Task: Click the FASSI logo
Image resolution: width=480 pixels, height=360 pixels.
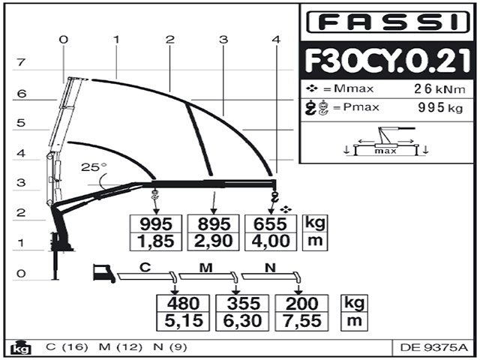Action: (388, 22)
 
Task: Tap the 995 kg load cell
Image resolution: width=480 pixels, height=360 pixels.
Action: (156, 223)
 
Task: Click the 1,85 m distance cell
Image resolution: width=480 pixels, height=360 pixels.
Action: (156, 241)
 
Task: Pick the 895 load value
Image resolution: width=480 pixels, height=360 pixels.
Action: (214, 223)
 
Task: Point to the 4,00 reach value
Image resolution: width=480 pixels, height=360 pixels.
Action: (271, 241)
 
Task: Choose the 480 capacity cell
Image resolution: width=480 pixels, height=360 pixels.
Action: (182, 304)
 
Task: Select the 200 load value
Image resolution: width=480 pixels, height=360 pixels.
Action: (302, 304)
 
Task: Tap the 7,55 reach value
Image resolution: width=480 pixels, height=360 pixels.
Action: (302, 321)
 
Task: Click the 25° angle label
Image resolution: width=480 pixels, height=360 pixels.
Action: (94, 167)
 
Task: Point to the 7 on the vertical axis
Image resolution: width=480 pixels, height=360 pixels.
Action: (22, 63)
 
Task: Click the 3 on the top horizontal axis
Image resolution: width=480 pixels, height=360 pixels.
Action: (223, 38)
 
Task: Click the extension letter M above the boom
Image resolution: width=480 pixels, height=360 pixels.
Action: (205, 266)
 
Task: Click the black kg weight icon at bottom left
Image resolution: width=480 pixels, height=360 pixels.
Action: (16, 347)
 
